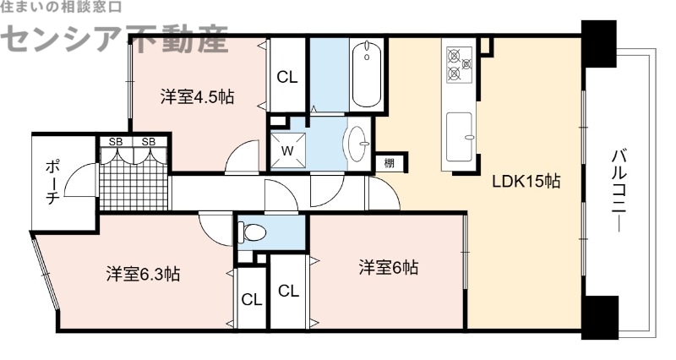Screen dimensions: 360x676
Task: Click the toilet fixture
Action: (253, 231)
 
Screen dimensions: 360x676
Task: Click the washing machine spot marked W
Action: (287, 150)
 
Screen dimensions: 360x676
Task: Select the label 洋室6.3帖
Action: (142, 275)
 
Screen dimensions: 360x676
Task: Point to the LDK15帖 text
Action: (528, 180)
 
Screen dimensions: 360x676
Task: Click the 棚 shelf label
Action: (388, 163)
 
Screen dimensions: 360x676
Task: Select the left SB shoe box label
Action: (115, 141)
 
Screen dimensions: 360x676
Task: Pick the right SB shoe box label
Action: (149, 141)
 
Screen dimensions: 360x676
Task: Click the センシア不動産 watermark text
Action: (118, 38)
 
